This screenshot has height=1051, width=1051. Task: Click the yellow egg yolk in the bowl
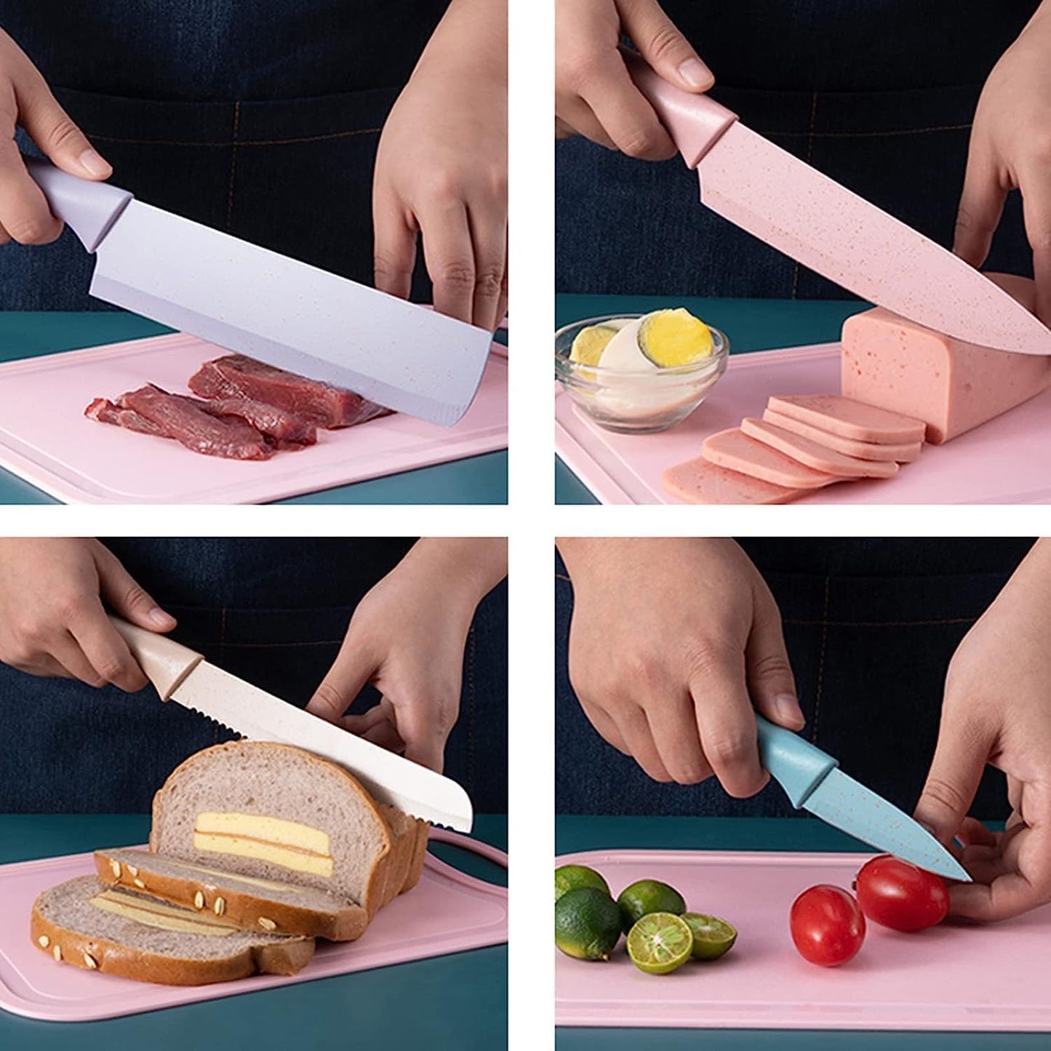pos(675,337)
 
